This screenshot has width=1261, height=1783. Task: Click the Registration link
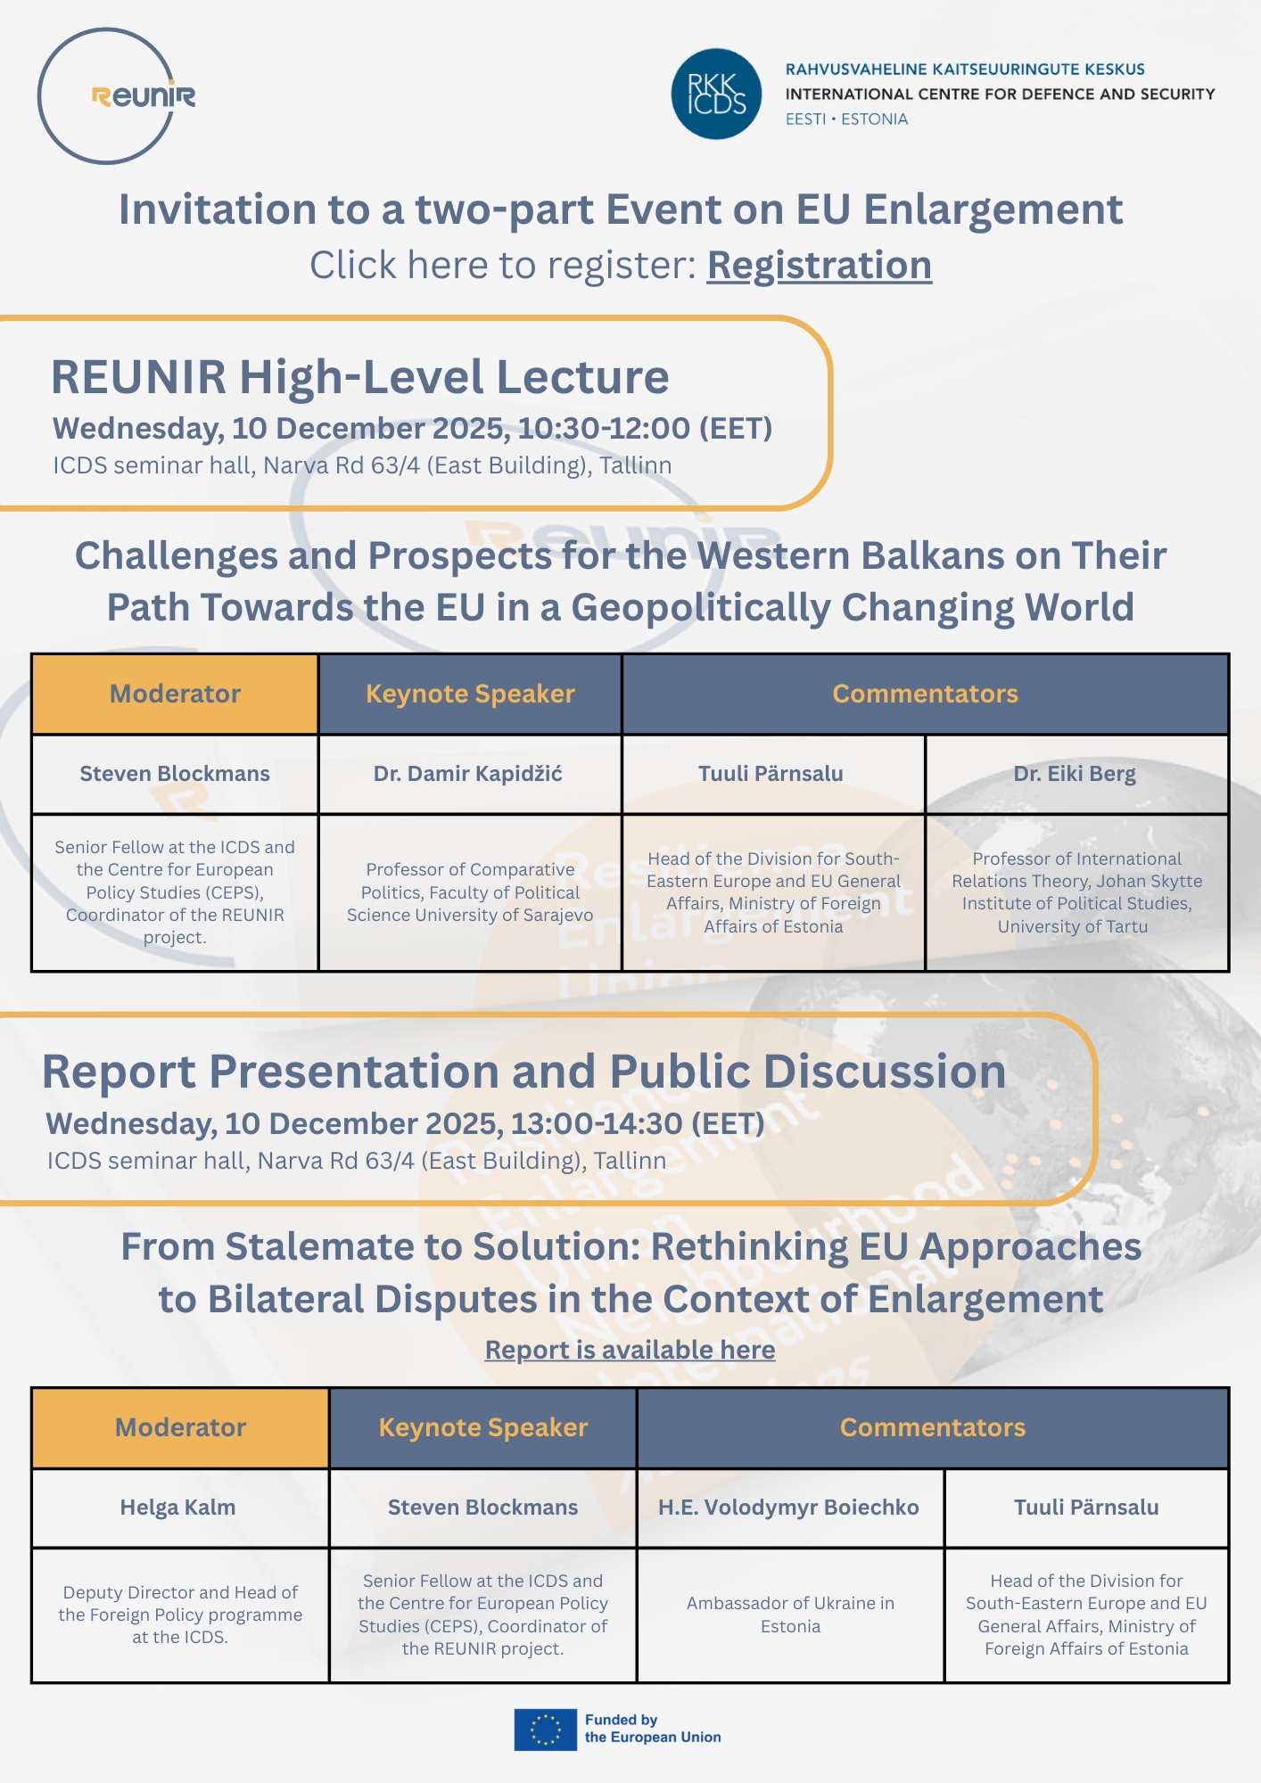[x=820, y=266]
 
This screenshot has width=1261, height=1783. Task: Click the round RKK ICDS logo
[x=716, y=94]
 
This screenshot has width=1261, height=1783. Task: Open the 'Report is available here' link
[x=630, y=1350]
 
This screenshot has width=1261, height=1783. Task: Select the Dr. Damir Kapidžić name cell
[x=470, y=774]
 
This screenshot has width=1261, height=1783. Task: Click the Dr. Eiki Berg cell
[x=1076, y=774]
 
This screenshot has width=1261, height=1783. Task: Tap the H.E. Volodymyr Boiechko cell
[x=790, y=1508]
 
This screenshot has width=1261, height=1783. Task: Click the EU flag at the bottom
[x=545, y=1730]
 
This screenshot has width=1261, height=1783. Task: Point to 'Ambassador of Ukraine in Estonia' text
[x=790, y=1615]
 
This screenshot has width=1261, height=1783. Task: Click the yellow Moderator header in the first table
[x=175, y=694]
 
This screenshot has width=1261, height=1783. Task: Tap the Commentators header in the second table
[x=933, y=1427]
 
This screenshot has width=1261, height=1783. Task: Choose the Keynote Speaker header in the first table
[x=470, y=694]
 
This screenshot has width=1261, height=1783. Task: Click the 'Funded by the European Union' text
[x=653, y=1729]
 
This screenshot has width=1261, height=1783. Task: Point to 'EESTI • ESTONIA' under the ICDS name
[x=846, y=119]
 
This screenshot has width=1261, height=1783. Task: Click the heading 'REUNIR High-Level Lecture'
[x=359, y=377]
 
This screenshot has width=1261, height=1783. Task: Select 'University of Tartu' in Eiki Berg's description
[x=1073, y=926]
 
